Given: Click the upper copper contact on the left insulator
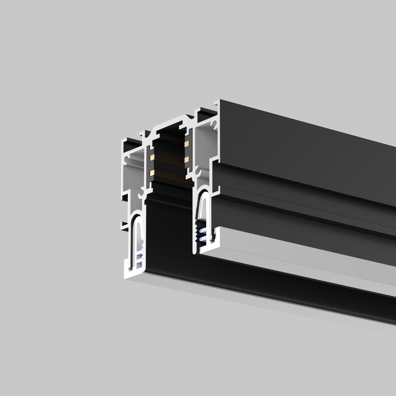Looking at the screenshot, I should (152, 157).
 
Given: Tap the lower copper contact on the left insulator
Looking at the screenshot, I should (152, 173).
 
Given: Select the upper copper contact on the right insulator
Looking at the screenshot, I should (187, 143).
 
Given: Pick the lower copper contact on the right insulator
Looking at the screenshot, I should (187, 159).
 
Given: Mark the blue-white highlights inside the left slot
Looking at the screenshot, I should (139, 257).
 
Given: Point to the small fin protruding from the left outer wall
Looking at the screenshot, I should (124, 226).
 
